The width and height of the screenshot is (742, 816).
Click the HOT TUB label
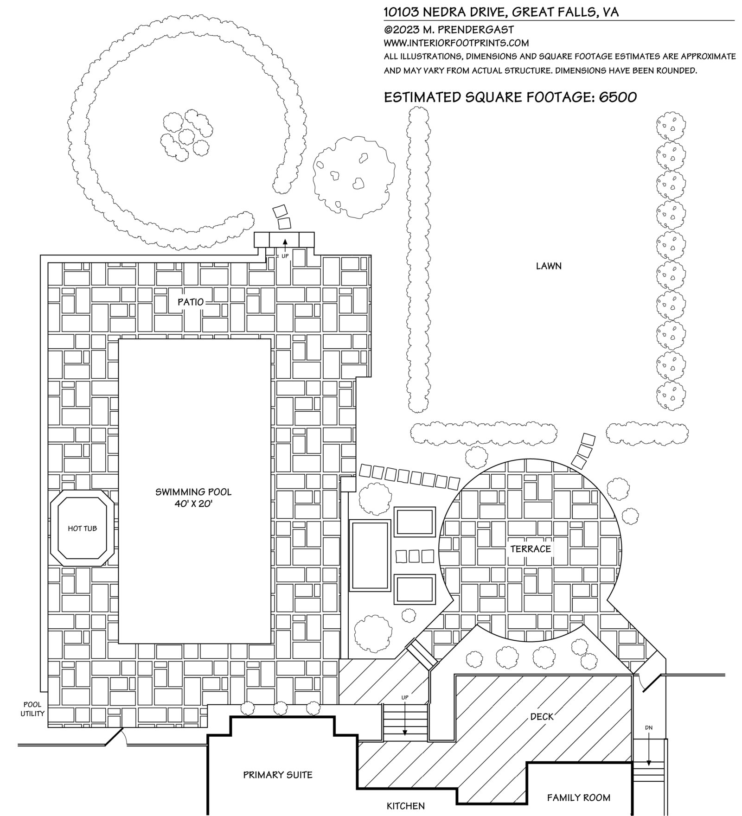point(82,528)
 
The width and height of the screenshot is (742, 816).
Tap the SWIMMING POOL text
point(193,492)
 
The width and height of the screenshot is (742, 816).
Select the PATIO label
point(191,302)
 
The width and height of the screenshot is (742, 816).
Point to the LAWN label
point(549,266)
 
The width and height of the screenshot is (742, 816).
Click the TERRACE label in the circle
point(531,549)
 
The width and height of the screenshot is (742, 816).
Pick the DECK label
point(542,717)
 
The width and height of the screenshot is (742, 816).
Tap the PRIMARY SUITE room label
point(278,775)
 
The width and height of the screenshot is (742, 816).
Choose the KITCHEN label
point(405,806)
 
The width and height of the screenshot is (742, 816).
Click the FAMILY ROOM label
point(578,797)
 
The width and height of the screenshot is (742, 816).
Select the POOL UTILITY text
point(32,709)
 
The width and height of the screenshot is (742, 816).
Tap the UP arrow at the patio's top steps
point(285,243)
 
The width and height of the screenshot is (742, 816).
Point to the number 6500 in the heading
point(618,97)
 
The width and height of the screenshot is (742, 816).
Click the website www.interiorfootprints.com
point(456,43)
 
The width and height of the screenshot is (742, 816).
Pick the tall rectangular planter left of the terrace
point(371,555)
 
